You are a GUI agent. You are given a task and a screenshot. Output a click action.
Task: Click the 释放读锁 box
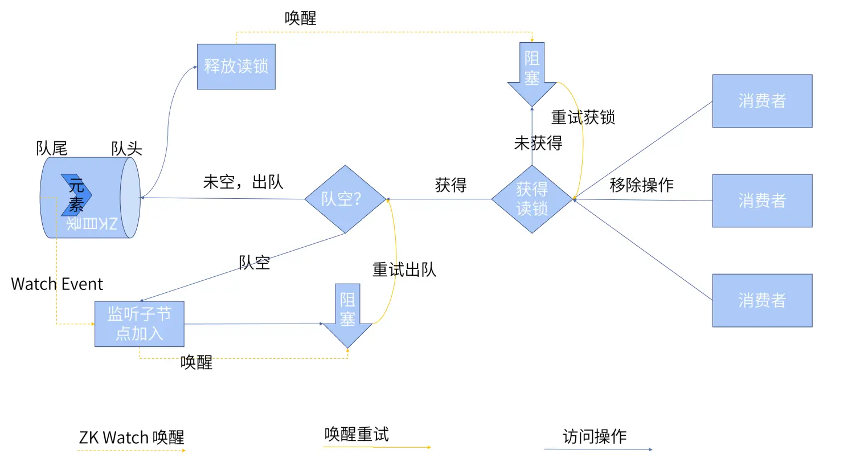point(236,67)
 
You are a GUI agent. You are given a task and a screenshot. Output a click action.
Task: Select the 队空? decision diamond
point(345,199)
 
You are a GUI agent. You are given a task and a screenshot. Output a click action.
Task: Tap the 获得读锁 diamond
point(532,199)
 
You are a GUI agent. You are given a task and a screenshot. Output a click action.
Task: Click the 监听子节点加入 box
point(139,324)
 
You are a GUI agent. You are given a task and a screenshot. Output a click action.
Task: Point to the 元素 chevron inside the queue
point(76,195)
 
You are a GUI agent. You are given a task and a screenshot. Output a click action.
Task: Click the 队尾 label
point(51,149)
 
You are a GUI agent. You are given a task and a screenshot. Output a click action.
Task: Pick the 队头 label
point(126,149)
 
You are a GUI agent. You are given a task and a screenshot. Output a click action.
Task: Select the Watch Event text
point(57,284)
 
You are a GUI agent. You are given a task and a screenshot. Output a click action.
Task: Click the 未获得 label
point(538,144)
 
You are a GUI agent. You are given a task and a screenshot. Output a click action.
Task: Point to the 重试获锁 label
point(583,117)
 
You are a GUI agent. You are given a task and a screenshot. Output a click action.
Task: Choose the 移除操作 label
point(641,185)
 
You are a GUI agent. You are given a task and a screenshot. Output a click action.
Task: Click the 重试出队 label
point(404,269)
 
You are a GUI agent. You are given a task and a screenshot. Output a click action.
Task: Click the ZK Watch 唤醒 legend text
point(132,438)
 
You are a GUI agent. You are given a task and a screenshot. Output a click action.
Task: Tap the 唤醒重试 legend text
point(357,435)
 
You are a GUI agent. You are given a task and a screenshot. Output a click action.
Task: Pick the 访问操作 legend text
point(595,437)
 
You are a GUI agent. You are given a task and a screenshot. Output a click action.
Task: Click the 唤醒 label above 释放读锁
point(300,18)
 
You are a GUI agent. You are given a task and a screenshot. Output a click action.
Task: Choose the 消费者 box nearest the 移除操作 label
point(762,201)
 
